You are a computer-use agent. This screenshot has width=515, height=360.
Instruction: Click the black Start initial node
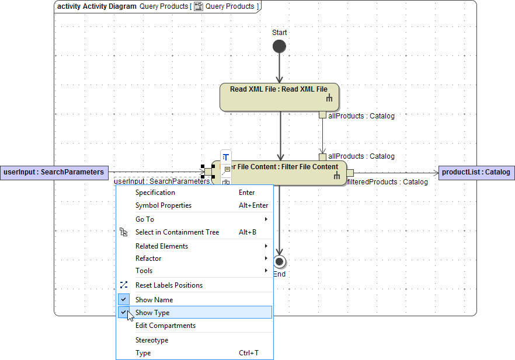(279, 47)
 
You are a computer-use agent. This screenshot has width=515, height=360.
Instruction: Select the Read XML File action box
(279, 97)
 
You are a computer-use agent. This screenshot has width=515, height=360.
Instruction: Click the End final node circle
(279, 261)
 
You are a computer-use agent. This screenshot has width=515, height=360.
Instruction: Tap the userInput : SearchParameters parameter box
(54, 172)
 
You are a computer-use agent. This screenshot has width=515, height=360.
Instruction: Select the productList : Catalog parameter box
(476, 172)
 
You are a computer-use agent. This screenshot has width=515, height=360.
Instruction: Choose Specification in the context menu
(155, 193)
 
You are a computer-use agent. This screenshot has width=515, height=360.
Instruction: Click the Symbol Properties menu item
(163, 205)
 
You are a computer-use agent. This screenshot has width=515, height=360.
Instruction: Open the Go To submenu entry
(145, 219)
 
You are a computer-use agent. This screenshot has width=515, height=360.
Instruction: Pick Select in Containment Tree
(177, 232)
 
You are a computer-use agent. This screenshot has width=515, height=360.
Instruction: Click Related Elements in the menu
(162, 246)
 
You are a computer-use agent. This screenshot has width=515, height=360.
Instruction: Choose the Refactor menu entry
(148, 258)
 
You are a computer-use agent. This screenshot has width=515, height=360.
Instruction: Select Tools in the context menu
(144, 271)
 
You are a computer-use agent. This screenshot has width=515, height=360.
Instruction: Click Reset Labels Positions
(169, 285)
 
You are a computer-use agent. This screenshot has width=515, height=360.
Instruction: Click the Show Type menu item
(153, 313)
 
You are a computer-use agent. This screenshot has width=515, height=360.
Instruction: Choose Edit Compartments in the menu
(165, 326)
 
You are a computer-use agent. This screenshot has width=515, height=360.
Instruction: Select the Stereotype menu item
(152, 340)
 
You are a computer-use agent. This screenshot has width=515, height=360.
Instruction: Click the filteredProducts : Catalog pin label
(388, 182)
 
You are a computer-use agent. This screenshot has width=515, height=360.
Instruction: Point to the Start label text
(279, 33)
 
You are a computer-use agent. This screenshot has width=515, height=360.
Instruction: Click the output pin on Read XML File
(322, 115)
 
